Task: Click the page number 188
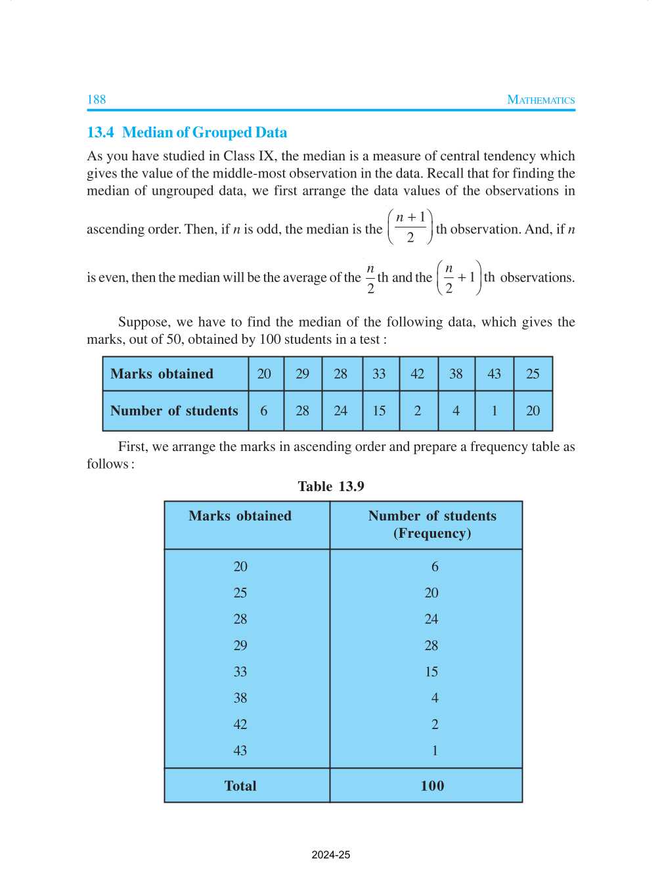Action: pos(97,99)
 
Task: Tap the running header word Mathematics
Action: pos(541,100)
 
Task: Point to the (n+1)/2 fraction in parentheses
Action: pos(410,227)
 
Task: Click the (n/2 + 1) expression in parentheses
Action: pos(459,277)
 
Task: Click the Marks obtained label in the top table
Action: pos(162,373)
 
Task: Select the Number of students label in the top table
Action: pos(174,411)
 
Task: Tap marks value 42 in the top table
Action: pos(418,373)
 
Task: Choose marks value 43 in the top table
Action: pos(494,373)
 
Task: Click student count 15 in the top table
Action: pos(379,411)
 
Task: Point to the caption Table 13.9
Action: pos(331,486)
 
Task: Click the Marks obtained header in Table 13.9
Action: pos(240,516)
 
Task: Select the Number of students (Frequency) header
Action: pos(432,525)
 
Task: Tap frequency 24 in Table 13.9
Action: pos(431,619)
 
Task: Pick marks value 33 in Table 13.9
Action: pos(240,672)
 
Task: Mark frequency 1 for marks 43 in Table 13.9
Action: pos(435,751)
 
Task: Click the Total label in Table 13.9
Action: pos(240,786)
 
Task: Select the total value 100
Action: pos(432,786)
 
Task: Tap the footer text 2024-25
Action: pos(331,855)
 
